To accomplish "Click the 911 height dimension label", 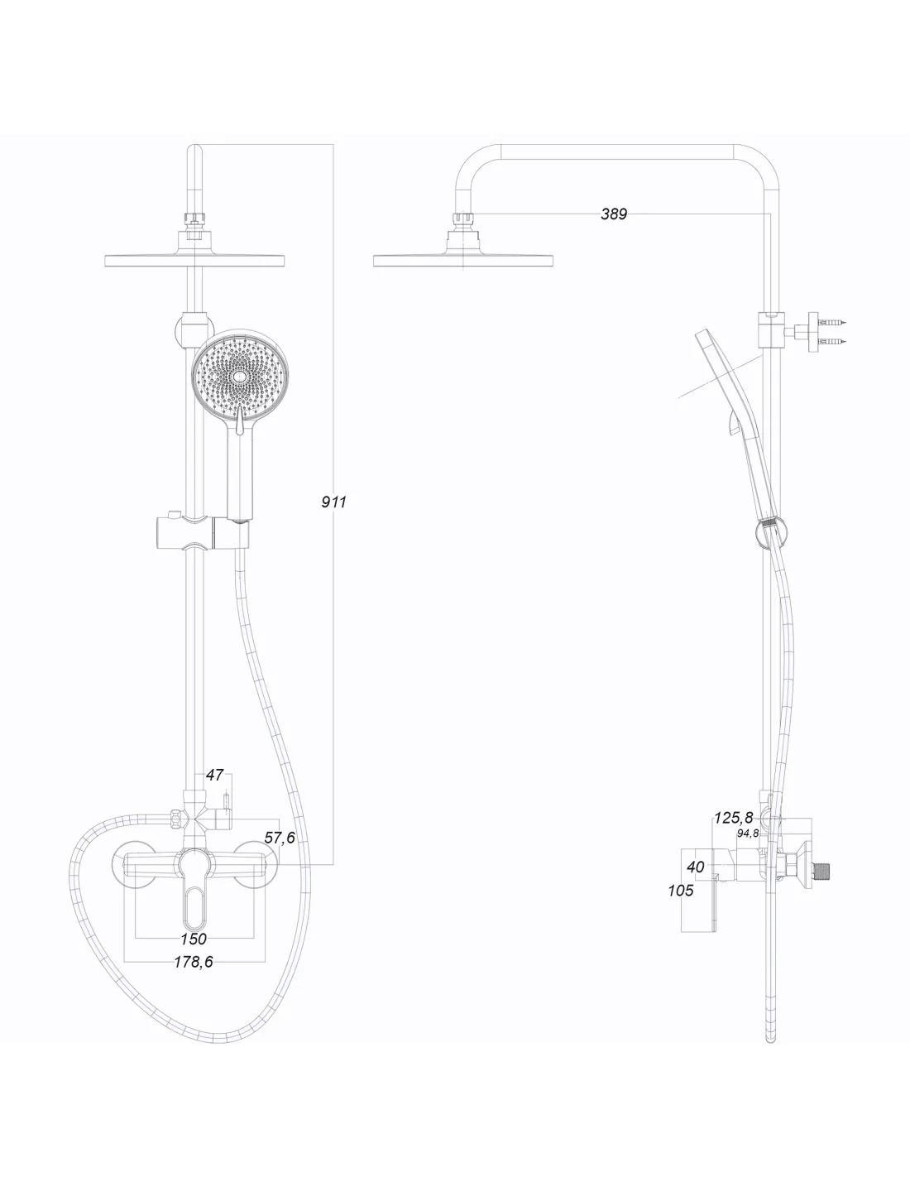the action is [x=333, y=502].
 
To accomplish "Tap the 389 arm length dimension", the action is [x=614, y=214].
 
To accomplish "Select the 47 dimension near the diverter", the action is [x=214, y=775].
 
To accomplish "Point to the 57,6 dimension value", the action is [x=280, y=838].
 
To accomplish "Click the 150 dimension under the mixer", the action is [x=194, y=939].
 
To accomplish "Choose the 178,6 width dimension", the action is [x=194, y=962].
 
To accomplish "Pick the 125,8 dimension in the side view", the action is [x=733, y=817].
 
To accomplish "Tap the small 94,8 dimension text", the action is [x=748, y=833].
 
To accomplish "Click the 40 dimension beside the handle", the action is [x=696, y=867].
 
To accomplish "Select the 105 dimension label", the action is [x=681, y=891].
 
